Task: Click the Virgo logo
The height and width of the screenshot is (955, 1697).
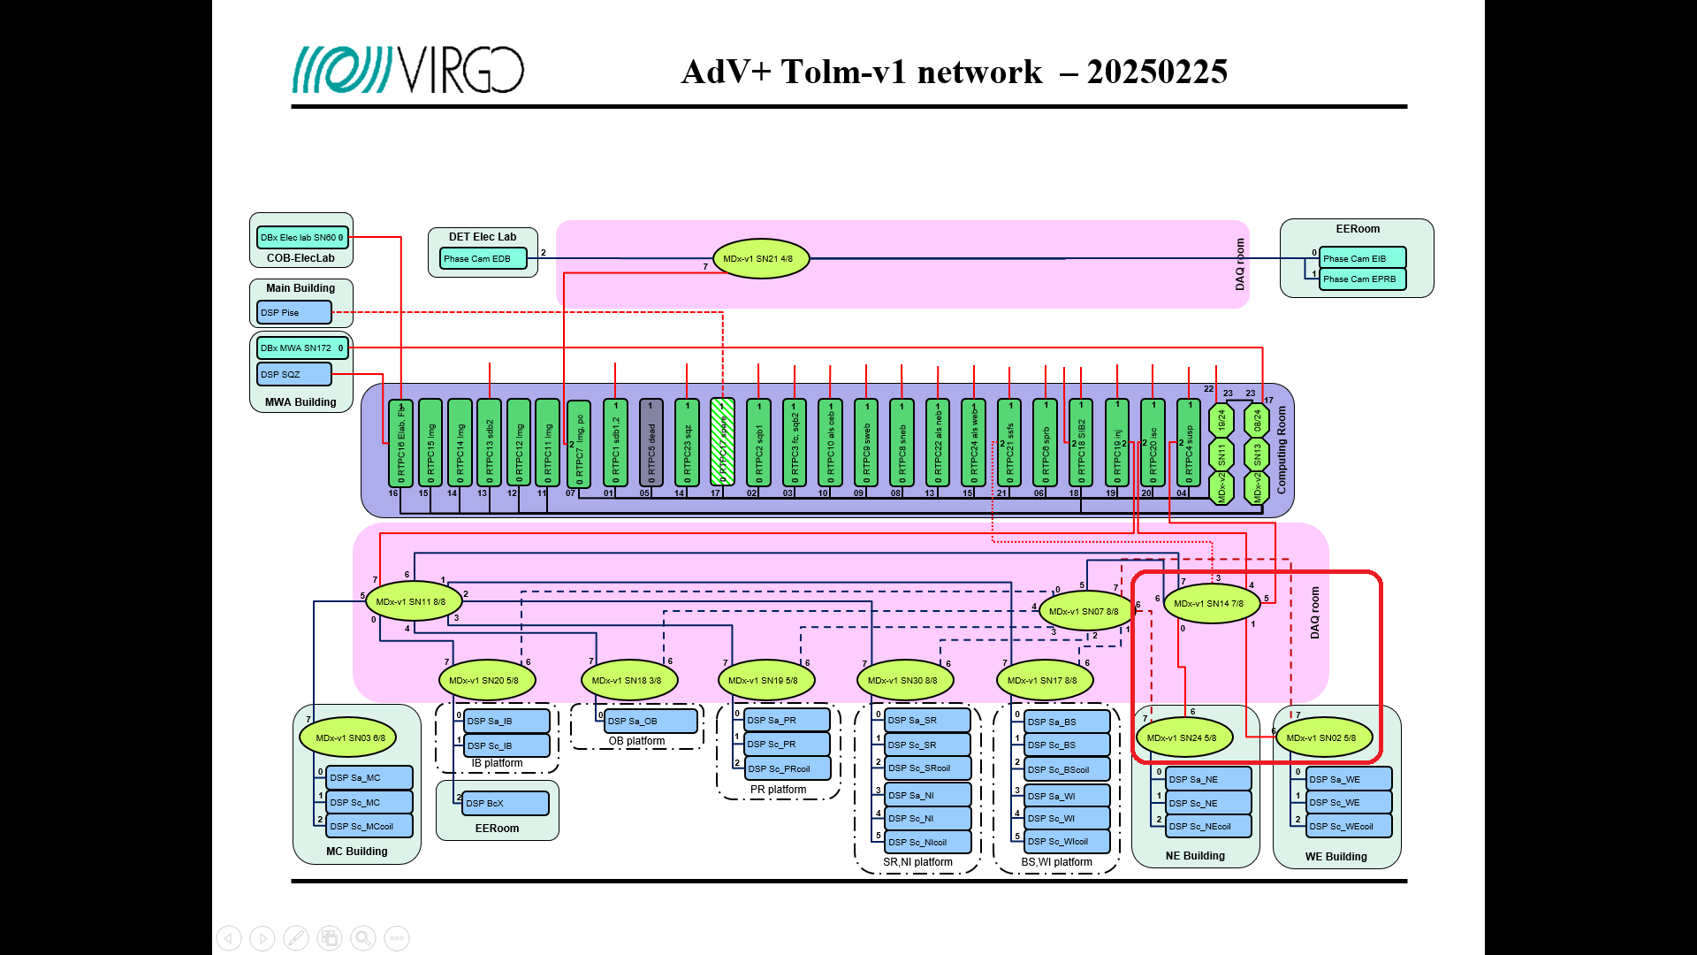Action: pos(408,70)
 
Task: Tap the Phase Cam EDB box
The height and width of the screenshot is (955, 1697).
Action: pos(483,259)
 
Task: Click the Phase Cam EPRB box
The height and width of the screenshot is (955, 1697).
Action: pos(1361,279)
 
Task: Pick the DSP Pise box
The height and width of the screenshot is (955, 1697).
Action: pos(293,312)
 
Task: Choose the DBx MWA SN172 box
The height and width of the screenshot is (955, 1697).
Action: pos(302,348)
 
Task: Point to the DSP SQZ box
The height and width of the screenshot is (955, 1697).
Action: pos(293,374)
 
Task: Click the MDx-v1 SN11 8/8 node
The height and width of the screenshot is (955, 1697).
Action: pos(412,601)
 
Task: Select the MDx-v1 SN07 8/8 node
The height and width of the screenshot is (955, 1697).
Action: pos(1084,611)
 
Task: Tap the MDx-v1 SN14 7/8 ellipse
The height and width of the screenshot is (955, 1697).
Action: pos(1210,604)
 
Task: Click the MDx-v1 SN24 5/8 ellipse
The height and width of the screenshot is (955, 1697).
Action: pos(1183,737)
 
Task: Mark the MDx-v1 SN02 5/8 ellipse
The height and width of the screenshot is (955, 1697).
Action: pos(1322,737)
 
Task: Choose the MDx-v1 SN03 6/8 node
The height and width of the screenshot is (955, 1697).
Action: pos(349,737)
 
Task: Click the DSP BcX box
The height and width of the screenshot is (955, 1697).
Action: pos(505,803)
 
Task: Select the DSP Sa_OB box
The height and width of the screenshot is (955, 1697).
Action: pos(651,721)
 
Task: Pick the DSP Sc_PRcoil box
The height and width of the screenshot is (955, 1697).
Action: pos(787,768)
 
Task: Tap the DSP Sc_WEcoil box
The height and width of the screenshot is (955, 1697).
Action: pos(1348,826)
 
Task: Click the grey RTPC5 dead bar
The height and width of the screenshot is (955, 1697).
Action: pos(651,442)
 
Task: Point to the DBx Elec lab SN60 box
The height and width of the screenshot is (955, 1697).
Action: pos(302,237)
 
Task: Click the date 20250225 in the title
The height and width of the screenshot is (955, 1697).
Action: pos(1157,72)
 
